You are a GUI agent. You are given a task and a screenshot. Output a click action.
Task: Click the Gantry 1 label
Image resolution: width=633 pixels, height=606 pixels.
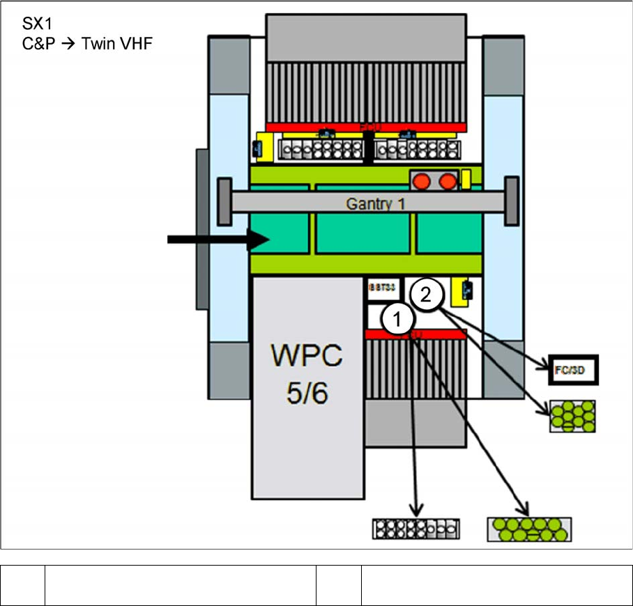click(x=375, y=204)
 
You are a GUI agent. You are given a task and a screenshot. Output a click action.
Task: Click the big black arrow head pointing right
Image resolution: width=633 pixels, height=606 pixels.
click(x=259, y=240)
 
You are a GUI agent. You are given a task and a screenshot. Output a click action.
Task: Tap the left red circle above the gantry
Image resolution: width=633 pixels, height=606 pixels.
click(x=422, y=181)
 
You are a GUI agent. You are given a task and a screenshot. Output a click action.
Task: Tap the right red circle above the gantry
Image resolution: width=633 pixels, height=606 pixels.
click(x=447, y=181)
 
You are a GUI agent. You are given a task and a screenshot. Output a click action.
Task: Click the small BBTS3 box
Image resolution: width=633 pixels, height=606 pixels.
click(x=381, y=286)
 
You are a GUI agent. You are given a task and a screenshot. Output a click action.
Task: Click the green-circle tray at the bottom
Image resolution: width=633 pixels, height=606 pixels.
click(x=529, y=529)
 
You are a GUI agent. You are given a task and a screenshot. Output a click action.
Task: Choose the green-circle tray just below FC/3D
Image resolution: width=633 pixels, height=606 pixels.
click(x=572, y=416)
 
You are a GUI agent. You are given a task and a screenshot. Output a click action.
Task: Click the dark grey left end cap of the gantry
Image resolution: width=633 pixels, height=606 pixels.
click(x=224, y=201)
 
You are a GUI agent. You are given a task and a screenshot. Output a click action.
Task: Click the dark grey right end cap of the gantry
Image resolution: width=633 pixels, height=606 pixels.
click(x=512, y=201)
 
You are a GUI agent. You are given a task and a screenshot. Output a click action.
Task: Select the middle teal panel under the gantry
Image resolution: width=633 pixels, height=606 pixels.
click(x=363, y=233)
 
